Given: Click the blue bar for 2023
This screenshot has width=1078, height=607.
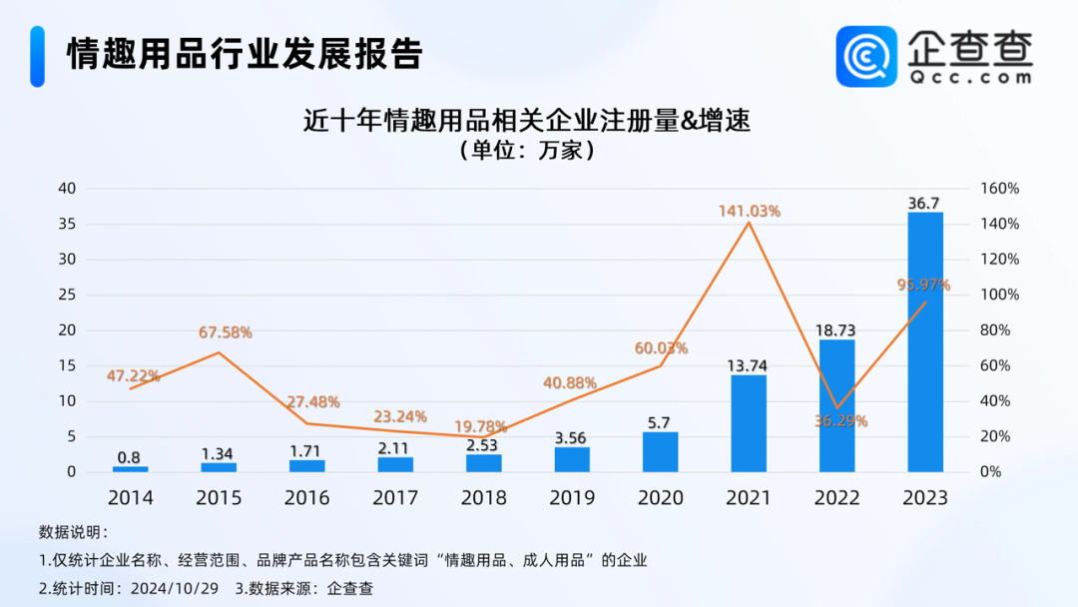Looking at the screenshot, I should click(925, 341).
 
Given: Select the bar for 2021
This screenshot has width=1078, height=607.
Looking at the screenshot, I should click(749, 423).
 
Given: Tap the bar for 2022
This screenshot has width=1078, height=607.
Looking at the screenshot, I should click(836, 405).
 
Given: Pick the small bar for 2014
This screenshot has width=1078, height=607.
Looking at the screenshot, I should click(130, 468).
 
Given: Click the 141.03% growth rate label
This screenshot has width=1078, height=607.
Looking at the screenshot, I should click(749, 211).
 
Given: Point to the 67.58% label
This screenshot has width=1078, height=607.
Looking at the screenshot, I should click(219, 332).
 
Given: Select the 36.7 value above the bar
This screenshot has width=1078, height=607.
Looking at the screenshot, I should click(924, 203).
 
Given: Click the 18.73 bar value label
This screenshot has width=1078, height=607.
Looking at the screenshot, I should click(836, 330).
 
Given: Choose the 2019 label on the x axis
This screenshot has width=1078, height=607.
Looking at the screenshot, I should click(572, 497).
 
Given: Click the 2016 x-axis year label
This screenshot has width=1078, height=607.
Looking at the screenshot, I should click(306, 497).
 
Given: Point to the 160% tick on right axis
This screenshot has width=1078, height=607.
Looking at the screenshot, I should click(999, 189).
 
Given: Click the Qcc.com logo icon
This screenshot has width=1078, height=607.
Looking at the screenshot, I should click(866, 56).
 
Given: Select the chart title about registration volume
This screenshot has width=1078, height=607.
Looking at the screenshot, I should click(526, 122).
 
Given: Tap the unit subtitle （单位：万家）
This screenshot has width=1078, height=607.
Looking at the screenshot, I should click(526, 152).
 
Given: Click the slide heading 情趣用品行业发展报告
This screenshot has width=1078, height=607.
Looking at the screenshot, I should click(245, 54).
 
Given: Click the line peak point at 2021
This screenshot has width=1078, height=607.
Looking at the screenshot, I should click(749, 223).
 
